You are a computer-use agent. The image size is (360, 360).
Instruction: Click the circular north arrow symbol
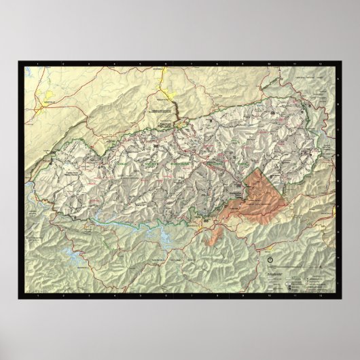coord(272,259)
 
